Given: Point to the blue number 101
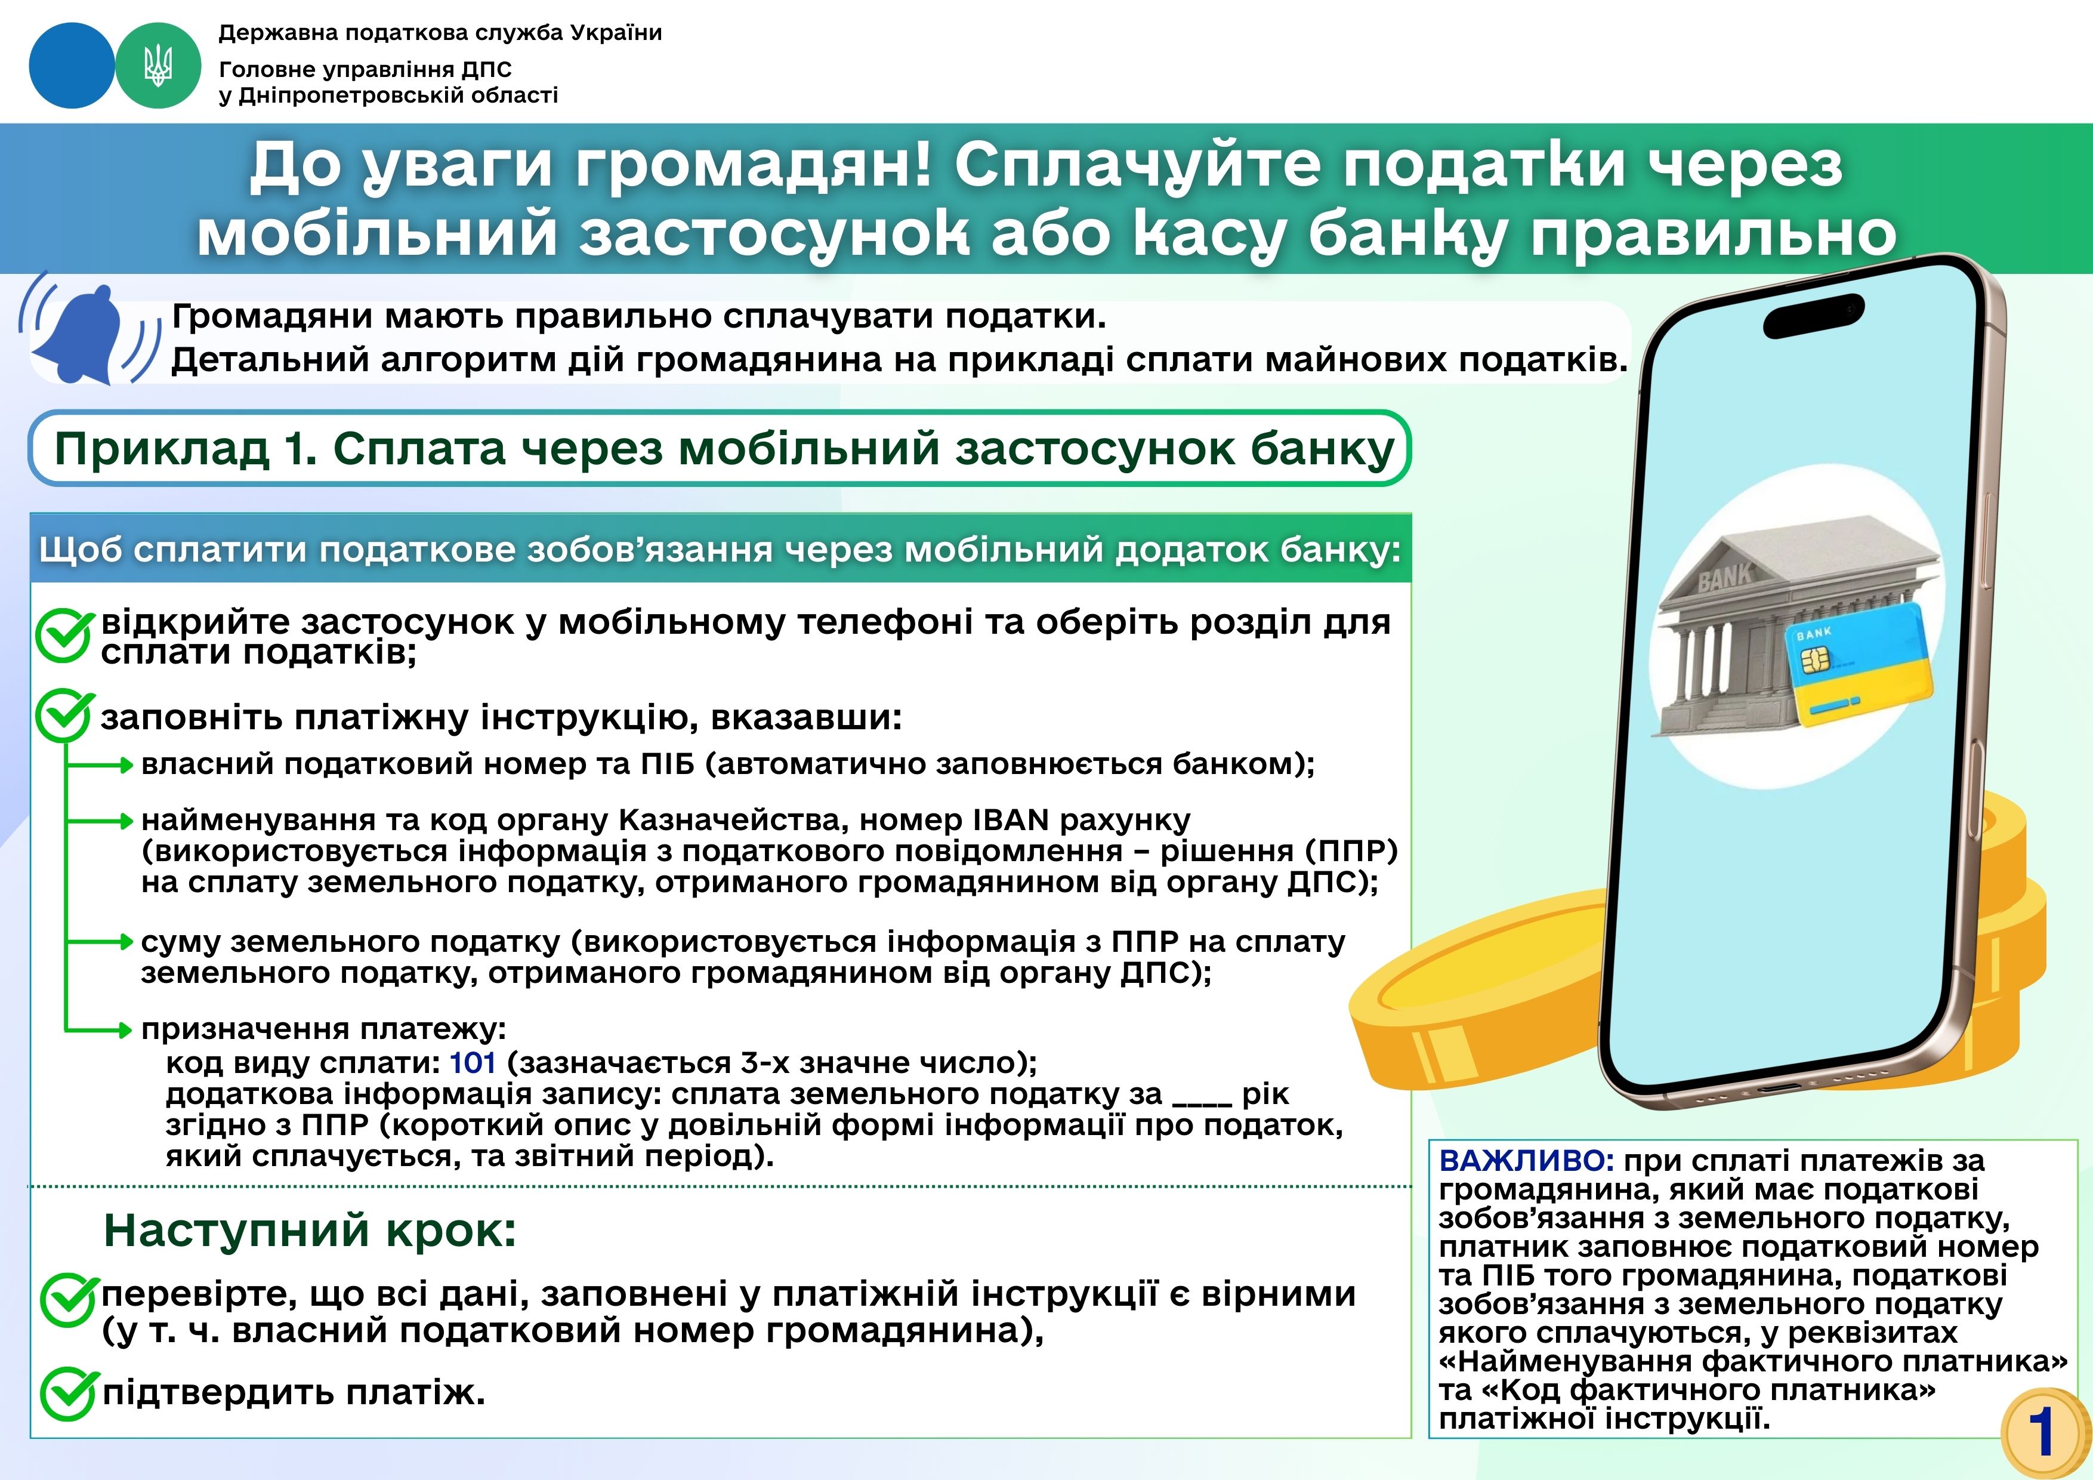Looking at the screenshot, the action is pos(472,1062).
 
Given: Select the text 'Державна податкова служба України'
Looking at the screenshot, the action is pos(440,34).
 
